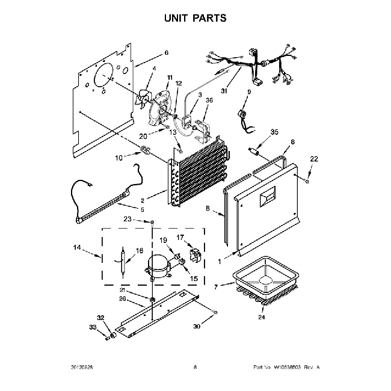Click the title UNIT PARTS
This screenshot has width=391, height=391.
click(195, 18)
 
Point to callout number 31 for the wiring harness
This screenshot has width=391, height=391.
click(224, 91)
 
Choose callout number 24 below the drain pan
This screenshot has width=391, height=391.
click(261, 317)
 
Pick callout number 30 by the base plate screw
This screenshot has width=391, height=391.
click(196, 327)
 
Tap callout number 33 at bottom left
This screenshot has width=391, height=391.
click(93, 327)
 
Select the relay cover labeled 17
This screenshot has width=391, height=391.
click(194, 254)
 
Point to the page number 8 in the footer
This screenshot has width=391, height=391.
click(195, 366)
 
